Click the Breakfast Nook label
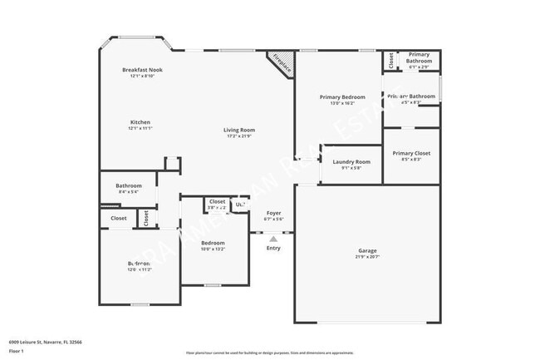pos(142,70)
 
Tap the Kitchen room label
pos(140,122)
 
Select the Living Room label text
pos(239,130)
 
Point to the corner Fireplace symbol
pos(280,63)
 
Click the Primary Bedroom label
pos(342,97)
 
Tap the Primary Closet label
pos(411,153)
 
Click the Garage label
pos(367,250)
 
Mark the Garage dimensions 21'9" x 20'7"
pos(367,257)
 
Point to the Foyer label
pos(273,214)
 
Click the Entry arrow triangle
pos(273,238)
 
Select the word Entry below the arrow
pos(273,248)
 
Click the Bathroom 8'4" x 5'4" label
pos(129,185)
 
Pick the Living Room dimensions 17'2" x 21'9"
pos(239,136)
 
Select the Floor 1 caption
pos(17,350)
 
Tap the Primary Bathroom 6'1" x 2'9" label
pos(419,57)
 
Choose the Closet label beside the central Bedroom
pos(217,201)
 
